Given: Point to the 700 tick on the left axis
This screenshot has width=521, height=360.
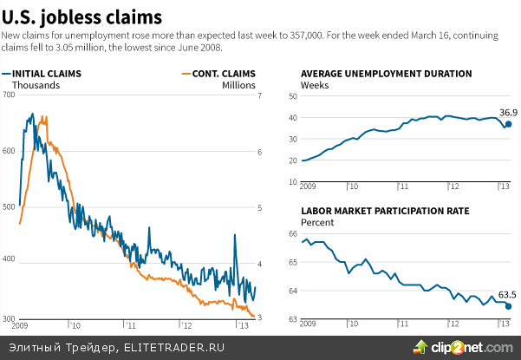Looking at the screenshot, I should click(x=10, y=95).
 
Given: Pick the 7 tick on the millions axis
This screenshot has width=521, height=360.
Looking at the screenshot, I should click(x=258, y=95).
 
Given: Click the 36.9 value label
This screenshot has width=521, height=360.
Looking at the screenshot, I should click(x=508, y=112).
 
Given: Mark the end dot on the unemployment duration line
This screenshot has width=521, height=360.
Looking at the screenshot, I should click(x=508, y=124).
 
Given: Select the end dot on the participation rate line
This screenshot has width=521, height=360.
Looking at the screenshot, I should click(x=508, y=306).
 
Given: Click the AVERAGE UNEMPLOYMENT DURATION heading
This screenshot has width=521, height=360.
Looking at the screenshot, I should click(x=386, y=74).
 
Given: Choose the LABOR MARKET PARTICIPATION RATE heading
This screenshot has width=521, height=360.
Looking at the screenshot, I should click(x=385, y=211).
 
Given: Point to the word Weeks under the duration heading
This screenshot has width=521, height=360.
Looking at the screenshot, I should click(x=314, y=85).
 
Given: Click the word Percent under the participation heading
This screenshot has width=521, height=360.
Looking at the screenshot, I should click(x=317, y=222).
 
